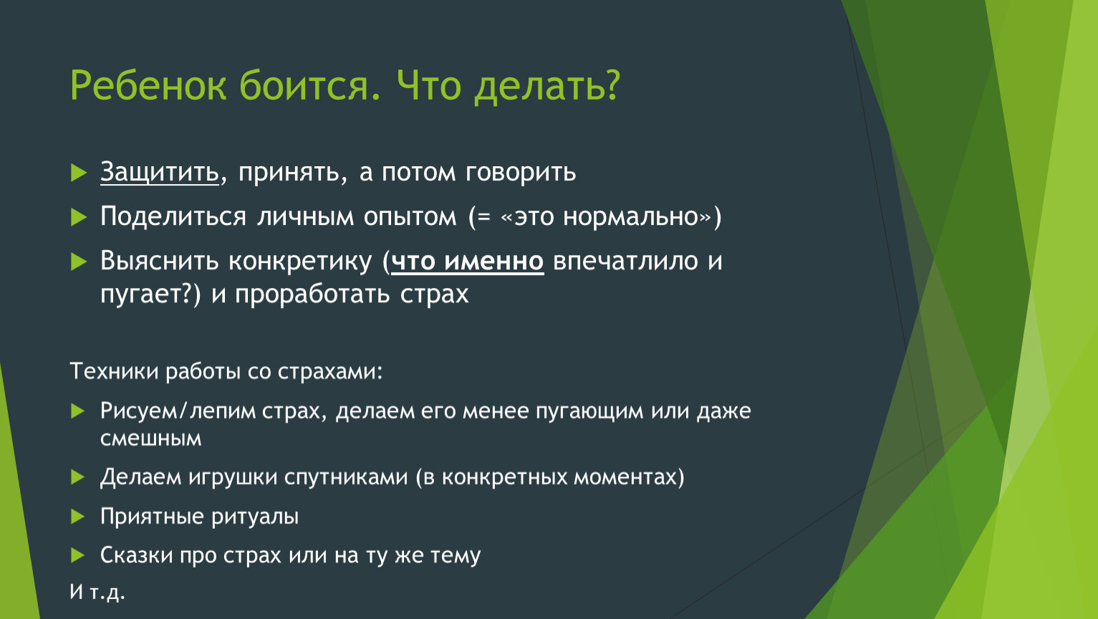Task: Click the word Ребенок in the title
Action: tap(148, 85)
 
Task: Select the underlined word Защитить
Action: tap(159, 173)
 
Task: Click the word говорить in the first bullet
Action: tap(521, 173)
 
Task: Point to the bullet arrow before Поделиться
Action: tap(79, 217)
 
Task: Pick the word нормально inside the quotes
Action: tap(630, 217)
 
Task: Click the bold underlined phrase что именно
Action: tap(468, 261)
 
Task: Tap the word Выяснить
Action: tap(159, 261)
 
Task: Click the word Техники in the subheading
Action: tap(114, 371)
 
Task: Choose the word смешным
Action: tap(150, 438)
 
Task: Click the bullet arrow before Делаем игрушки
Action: tap(77, 476)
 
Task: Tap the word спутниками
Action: tap(345, 477)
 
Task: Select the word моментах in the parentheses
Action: tap(625, 477)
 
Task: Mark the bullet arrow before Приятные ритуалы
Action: tap(77, 516)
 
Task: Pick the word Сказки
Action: tap(136, 555)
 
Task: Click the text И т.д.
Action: tap(97, 592)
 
